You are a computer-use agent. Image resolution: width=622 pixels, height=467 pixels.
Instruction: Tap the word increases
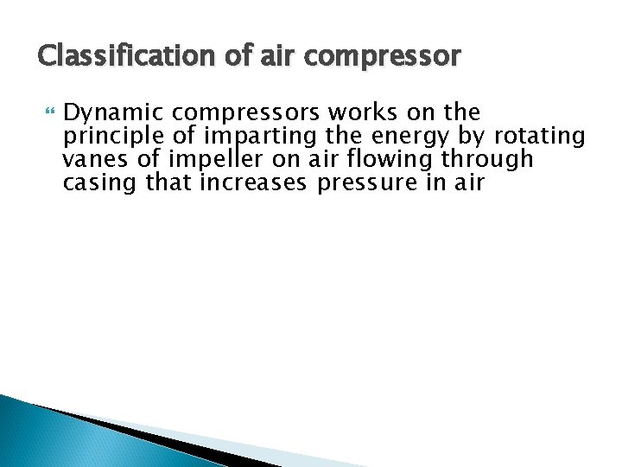click(256, 182)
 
